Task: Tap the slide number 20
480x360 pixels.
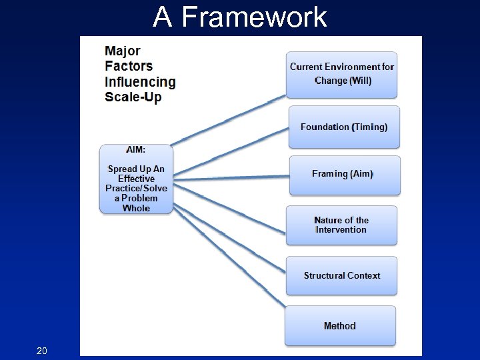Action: pos(42,350)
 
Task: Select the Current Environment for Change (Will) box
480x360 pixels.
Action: pos(342,75)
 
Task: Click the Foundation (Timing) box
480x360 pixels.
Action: pos(344,127)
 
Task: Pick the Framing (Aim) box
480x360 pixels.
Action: pos(344,175)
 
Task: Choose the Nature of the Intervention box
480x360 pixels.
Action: pos(341,225)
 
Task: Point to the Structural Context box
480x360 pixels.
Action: pos(341,275)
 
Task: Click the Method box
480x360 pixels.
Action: pos(340,325)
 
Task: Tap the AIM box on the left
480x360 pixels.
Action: pos(136,179)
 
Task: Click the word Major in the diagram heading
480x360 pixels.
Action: pos(123,51)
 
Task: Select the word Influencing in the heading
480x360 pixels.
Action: pos(140,82)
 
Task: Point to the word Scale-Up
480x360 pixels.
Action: pos(133,97)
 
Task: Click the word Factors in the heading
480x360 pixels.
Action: pos(129,66)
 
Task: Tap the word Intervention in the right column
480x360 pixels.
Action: pos(341,230)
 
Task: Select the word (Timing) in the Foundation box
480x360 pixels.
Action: pos(370,127)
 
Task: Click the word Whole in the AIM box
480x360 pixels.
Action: pos(136,208)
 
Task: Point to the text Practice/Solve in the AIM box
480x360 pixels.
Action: pos(136,189)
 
